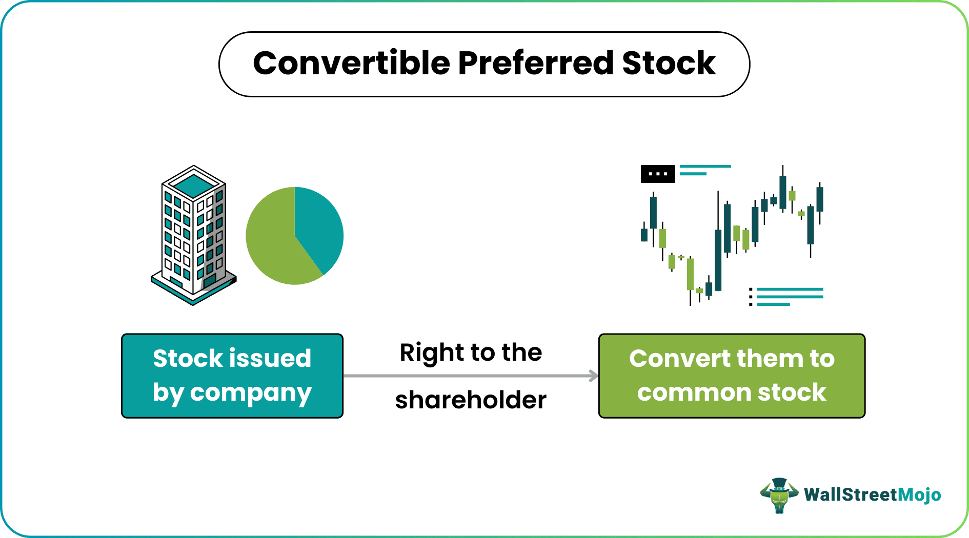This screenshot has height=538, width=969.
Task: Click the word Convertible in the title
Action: (x=352, y=64)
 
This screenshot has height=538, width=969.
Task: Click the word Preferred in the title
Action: (x=535, y=64)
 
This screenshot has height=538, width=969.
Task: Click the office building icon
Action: (x=194, y=236)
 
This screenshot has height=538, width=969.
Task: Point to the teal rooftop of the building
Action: (x=194, y=184)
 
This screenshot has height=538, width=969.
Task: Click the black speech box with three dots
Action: (x=658, y=174)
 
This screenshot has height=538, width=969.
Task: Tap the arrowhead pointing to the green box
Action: (x=594, y=376)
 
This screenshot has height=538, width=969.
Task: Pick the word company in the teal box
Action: (x=251, y=393)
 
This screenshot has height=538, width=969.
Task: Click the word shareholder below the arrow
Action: (x=471, y=400)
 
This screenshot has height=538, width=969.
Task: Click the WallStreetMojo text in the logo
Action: (x=872, y=495)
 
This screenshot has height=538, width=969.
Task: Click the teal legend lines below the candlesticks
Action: (x=790, y=297)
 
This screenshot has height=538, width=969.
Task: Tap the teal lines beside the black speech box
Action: (x=704, y=170)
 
